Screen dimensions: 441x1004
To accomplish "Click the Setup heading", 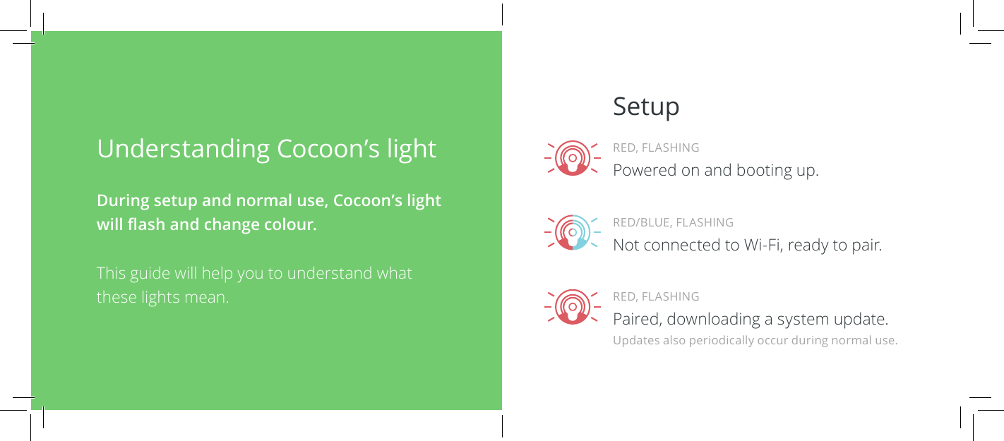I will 646,107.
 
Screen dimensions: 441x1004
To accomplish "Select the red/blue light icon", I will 573,233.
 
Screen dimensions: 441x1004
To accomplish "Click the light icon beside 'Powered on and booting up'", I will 573,158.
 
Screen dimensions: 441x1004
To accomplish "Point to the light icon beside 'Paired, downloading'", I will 573,307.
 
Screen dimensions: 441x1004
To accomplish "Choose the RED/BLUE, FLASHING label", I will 673,223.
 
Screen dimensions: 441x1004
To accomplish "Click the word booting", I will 765,171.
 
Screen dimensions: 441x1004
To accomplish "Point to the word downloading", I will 714,320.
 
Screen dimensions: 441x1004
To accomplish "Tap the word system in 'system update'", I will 803,320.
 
